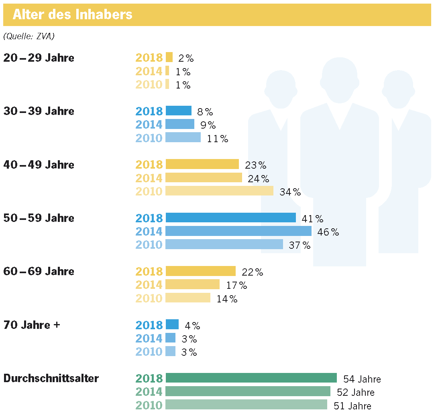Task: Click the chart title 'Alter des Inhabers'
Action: coord(72,15)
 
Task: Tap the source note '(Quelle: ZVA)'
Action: coord(29,36)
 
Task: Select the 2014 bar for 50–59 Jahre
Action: coord(238,231)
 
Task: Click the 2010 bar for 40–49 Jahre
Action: coord(219,191)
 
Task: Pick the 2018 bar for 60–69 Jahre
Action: coord(200,271)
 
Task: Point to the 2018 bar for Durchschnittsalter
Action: coord(251,378)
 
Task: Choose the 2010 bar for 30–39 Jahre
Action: coord(183,138)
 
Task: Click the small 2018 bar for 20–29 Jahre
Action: coord(169,57)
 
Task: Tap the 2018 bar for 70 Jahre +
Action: coord(172,324)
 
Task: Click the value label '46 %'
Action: coord(328,232)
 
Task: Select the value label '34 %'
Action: coord(290,192)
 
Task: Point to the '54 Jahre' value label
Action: coord(362,379)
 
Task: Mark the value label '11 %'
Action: coord(218,139)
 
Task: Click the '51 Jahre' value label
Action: coord(352,406)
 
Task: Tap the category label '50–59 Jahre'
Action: coord(39,218)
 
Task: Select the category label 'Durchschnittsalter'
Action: coord(51,378)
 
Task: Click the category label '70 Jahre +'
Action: coord(31,324)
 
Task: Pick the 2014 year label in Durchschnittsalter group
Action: coord(149,392)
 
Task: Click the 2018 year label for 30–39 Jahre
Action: coord(149,111)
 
